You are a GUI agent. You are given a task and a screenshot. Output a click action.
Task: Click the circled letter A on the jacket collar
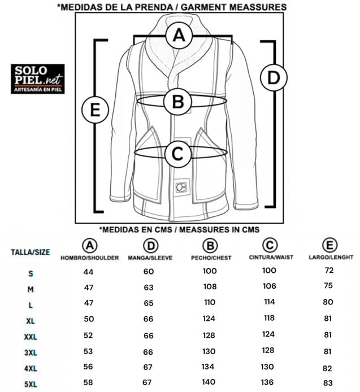(x=179, y=35)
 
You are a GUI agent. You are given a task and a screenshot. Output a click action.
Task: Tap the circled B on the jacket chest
(x=178, y=102)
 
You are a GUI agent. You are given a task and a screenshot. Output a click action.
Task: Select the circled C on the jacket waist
(x=177, y=154)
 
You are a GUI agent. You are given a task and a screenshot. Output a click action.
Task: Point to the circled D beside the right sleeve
(x=274, y=77)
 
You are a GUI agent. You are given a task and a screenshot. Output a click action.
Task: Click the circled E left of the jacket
(x=95, y=110)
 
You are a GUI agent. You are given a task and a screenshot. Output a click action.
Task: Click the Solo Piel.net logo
(x=37, y=79)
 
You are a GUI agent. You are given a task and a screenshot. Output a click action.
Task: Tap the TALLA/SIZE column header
(x=31, y=252)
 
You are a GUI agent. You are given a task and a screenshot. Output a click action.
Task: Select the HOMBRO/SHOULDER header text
(x=89, y=258)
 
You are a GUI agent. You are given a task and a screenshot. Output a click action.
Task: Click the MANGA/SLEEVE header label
(x=150, y=258)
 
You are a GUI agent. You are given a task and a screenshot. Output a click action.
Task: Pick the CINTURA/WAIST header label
(x=271, y=257)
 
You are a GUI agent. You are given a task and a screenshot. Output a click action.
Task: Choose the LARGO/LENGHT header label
(x=331, y=257)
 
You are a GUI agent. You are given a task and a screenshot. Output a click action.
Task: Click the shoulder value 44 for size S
(x=88, y=272)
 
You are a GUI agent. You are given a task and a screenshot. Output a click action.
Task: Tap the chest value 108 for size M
(x=210, y=286)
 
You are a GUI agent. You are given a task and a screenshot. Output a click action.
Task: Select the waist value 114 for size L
(x=269, y=302)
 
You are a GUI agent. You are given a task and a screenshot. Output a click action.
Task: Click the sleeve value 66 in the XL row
(x=149, y=319)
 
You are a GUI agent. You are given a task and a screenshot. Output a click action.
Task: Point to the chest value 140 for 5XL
(x=209, y=382)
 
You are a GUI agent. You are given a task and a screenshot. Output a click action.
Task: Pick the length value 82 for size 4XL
(x=327, y=368)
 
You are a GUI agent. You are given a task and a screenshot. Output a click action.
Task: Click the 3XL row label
(x=31, y=353)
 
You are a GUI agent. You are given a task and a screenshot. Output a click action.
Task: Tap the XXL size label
(x=31, y=337)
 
